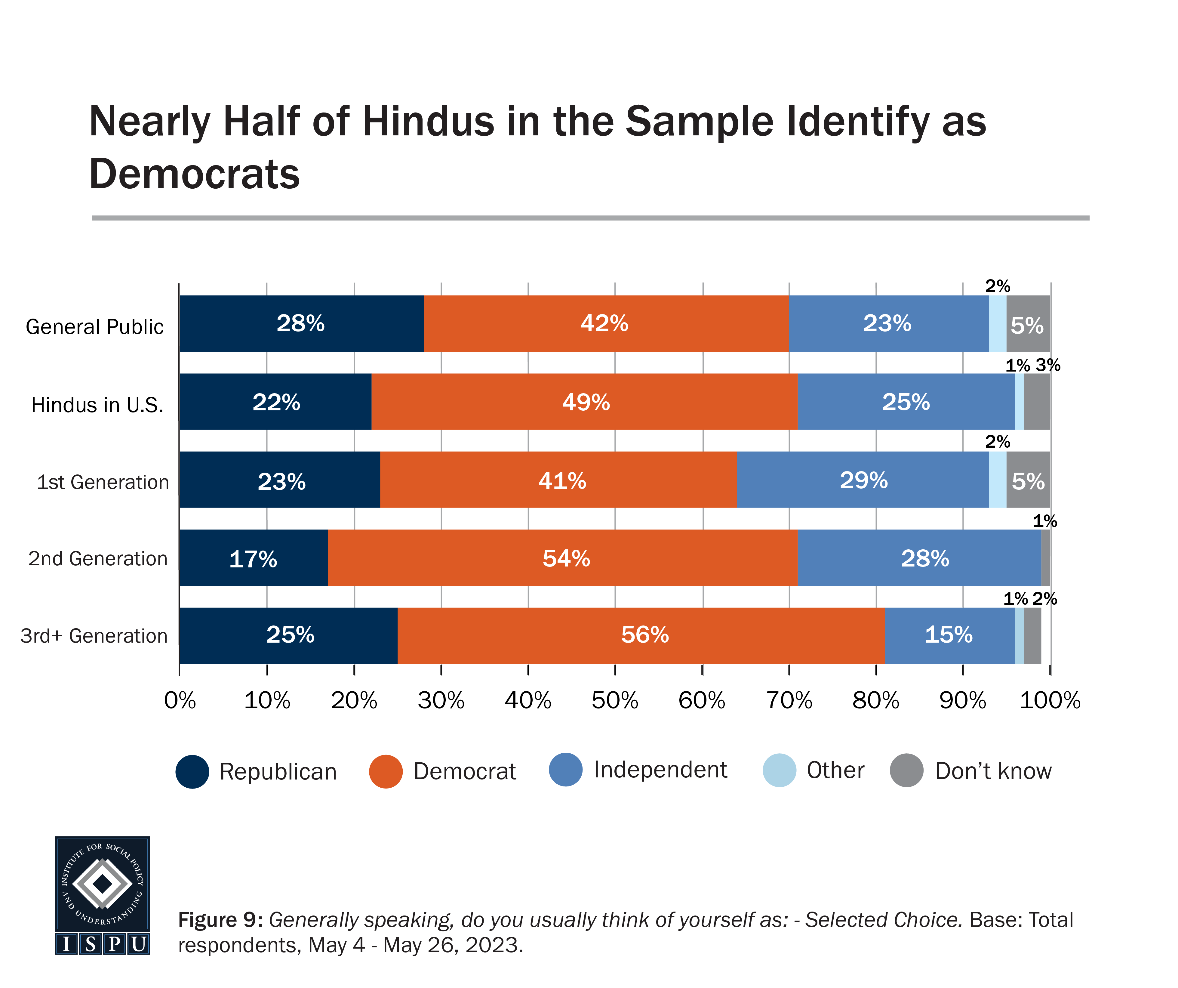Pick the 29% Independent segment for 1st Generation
coord(863,480)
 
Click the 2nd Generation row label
coord(98,559)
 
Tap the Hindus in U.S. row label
coord(97,405)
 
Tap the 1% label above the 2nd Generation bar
coord(1044,521)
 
